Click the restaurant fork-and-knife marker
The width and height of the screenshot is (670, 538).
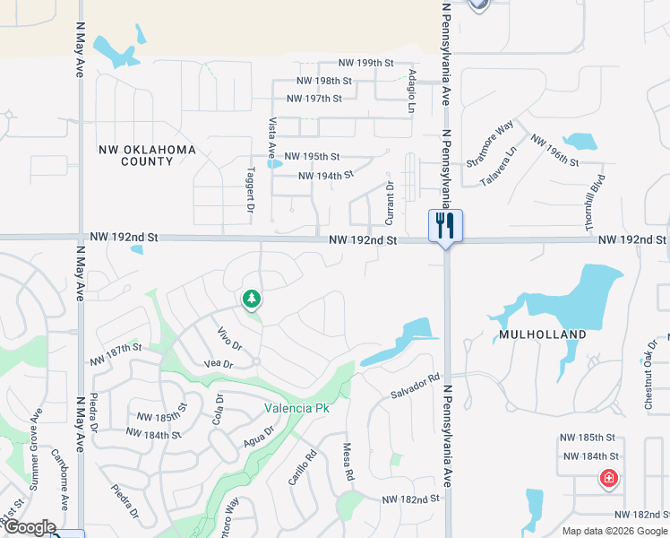pos(445,225)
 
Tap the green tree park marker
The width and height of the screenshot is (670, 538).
pos(252,299)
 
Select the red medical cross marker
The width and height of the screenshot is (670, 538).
pos(609,479)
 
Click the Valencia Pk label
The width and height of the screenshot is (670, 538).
pos(288,408)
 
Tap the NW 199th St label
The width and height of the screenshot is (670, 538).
pos(366,63)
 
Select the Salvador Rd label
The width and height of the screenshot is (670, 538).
pos(416,386)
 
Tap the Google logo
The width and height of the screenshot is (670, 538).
pos(29,527)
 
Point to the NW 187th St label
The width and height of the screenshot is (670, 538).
pos(116,348)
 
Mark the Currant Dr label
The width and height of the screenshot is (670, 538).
pos(390,203)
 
